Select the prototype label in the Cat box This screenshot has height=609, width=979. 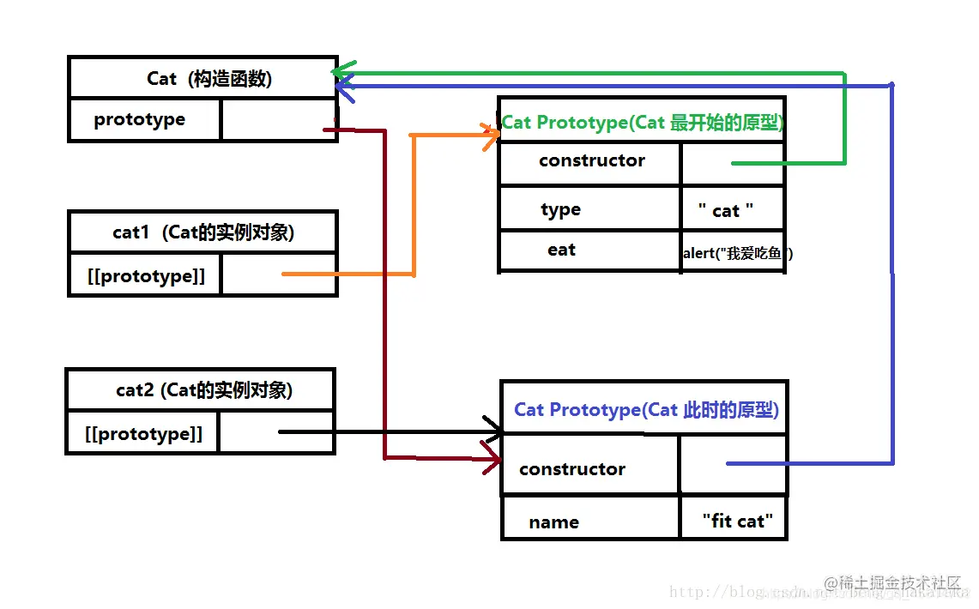coord(139,119)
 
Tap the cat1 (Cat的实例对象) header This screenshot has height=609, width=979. coord(203,232)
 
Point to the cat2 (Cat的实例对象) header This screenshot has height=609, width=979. coord(204,390)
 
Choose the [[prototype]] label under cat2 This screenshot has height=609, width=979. coord(144,434)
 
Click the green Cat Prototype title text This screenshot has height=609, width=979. coord(642,122)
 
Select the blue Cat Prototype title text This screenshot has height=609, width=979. coord(646,409)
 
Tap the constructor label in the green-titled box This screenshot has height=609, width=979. coord(591,160)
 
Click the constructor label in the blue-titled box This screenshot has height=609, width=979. coord(571,469)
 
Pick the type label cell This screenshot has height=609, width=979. coord(560,210)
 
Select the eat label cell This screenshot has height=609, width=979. coord(561,250)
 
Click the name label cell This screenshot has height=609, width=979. coord(553,522)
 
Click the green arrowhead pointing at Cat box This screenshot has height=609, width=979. coord(341,70)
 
